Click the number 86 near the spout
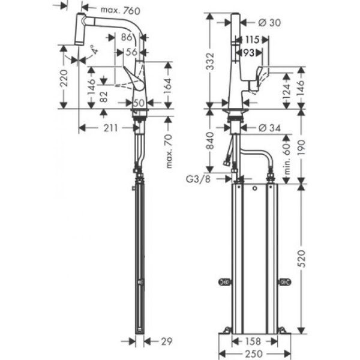(126, 37)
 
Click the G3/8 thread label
(199, 178)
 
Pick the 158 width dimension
(254, 341)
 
